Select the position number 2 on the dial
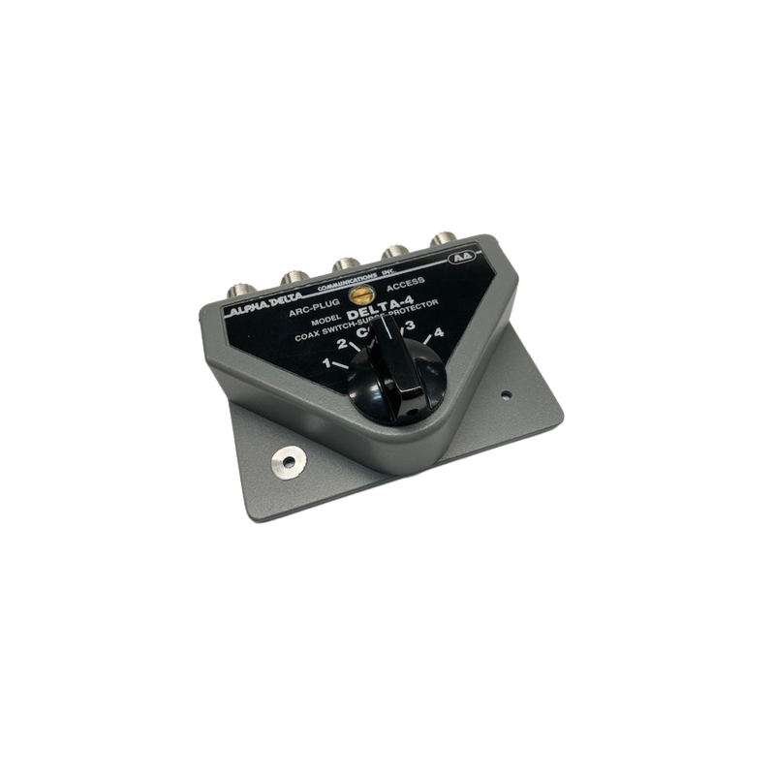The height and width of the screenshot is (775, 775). coord(340,344)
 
